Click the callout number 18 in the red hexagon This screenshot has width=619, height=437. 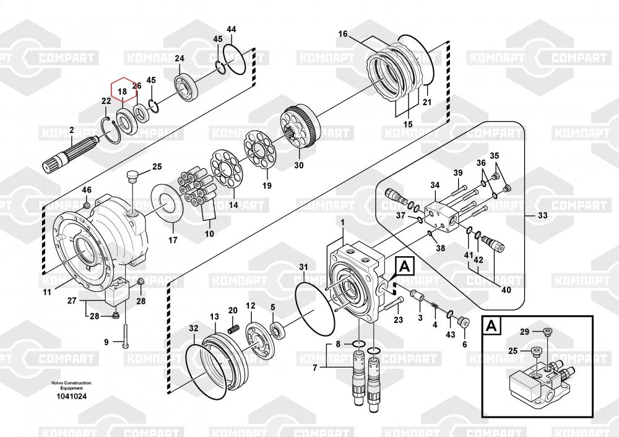click(123, 92)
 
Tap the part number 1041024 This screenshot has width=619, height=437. click(71, 396)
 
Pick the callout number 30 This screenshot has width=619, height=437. click(299, 165)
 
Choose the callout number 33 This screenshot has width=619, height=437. click(543, 215)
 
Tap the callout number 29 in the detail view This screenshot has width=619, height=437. click(524, 332)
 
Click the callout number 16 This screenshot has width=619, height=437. click(342, 34)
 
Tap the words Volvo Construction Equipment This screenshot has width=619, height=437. click(71, 386)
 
